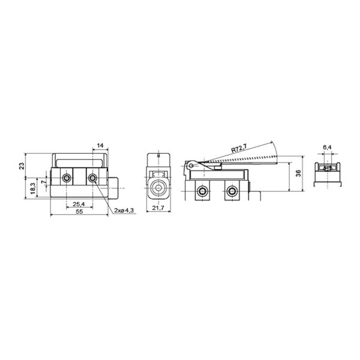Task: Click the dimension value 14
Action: point(100,145)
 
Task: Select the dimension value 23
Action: point(22,166)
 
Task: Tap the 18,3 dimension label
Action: point(33,188)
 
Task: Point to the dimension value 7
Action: point(44,182)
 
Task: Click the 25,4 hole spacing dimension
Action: point(79,204)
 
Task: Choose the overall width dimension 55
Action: point(79,211)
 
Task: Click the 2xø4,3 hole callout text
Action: point(124,211)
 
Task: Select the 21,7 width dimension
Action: point(158,208)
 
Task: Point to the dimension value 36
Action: point(298,173)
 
